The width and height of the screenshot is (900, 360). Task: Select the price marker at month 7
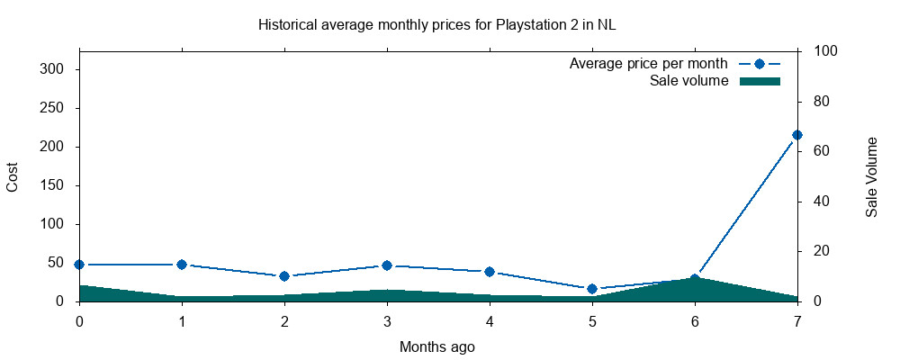point(797,135)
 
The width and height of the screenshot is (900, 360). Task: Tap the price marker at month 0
point(79,265)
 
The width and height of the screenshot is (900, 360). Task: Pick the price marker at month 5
point(592,289)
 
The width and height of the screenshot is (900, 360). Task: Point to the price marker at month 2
point(284,276)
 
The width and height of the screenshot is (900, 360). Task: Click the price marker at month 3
point(387,265)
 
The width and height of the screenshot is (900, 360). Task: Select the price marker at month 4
point(490,272)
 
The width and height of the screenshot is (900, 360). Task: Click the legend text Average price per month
point(648,65)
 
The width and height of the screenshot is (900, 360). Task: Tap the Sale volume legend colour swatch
point(759,81)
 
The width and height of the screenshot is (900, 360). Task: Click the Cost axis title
point(13,176)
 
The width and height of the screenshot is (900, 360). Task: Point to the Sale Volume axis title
point(871,176)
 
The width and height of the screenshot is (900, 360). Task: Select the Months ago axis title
point(437,346)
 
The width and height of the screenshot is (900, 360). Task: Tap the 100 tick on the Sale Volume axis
point(825,51)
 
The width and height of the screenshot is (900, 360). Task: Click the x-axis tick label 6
point(695,320)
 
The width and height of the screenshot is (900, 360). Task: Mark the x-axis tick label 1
point(182,320)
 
